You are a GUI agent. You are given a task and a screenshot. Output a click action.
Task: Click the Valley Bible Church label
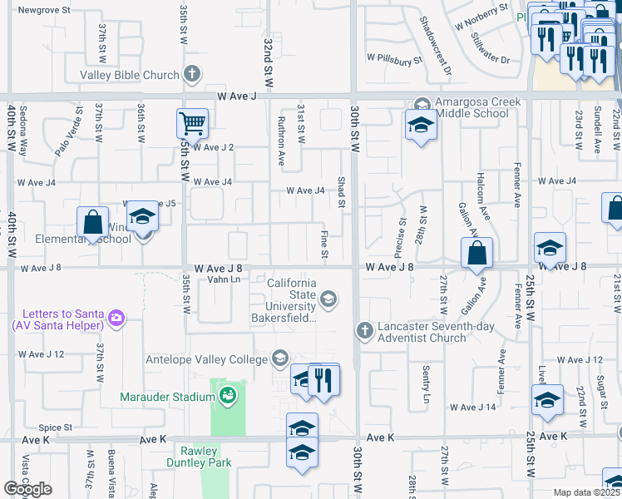[129, 75]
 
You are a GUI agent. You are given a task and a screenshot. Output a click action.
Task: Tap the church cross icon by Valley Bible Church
[192, 75]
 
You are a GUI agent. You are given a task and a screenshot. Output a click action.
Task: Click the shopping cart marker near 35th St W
[192, 124]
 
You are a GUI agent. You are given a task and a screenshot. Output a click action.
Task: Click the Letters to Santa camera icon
[116, 318]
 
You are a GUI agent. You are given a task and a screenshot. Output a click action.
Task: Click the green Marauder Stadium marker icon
[227, 397]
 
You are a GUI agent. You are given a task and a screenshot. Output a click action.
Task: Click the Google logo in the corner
[27, 489]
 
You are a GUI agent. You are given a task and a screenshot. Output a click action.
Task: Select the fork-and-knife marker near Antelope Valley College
[324, 379]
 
